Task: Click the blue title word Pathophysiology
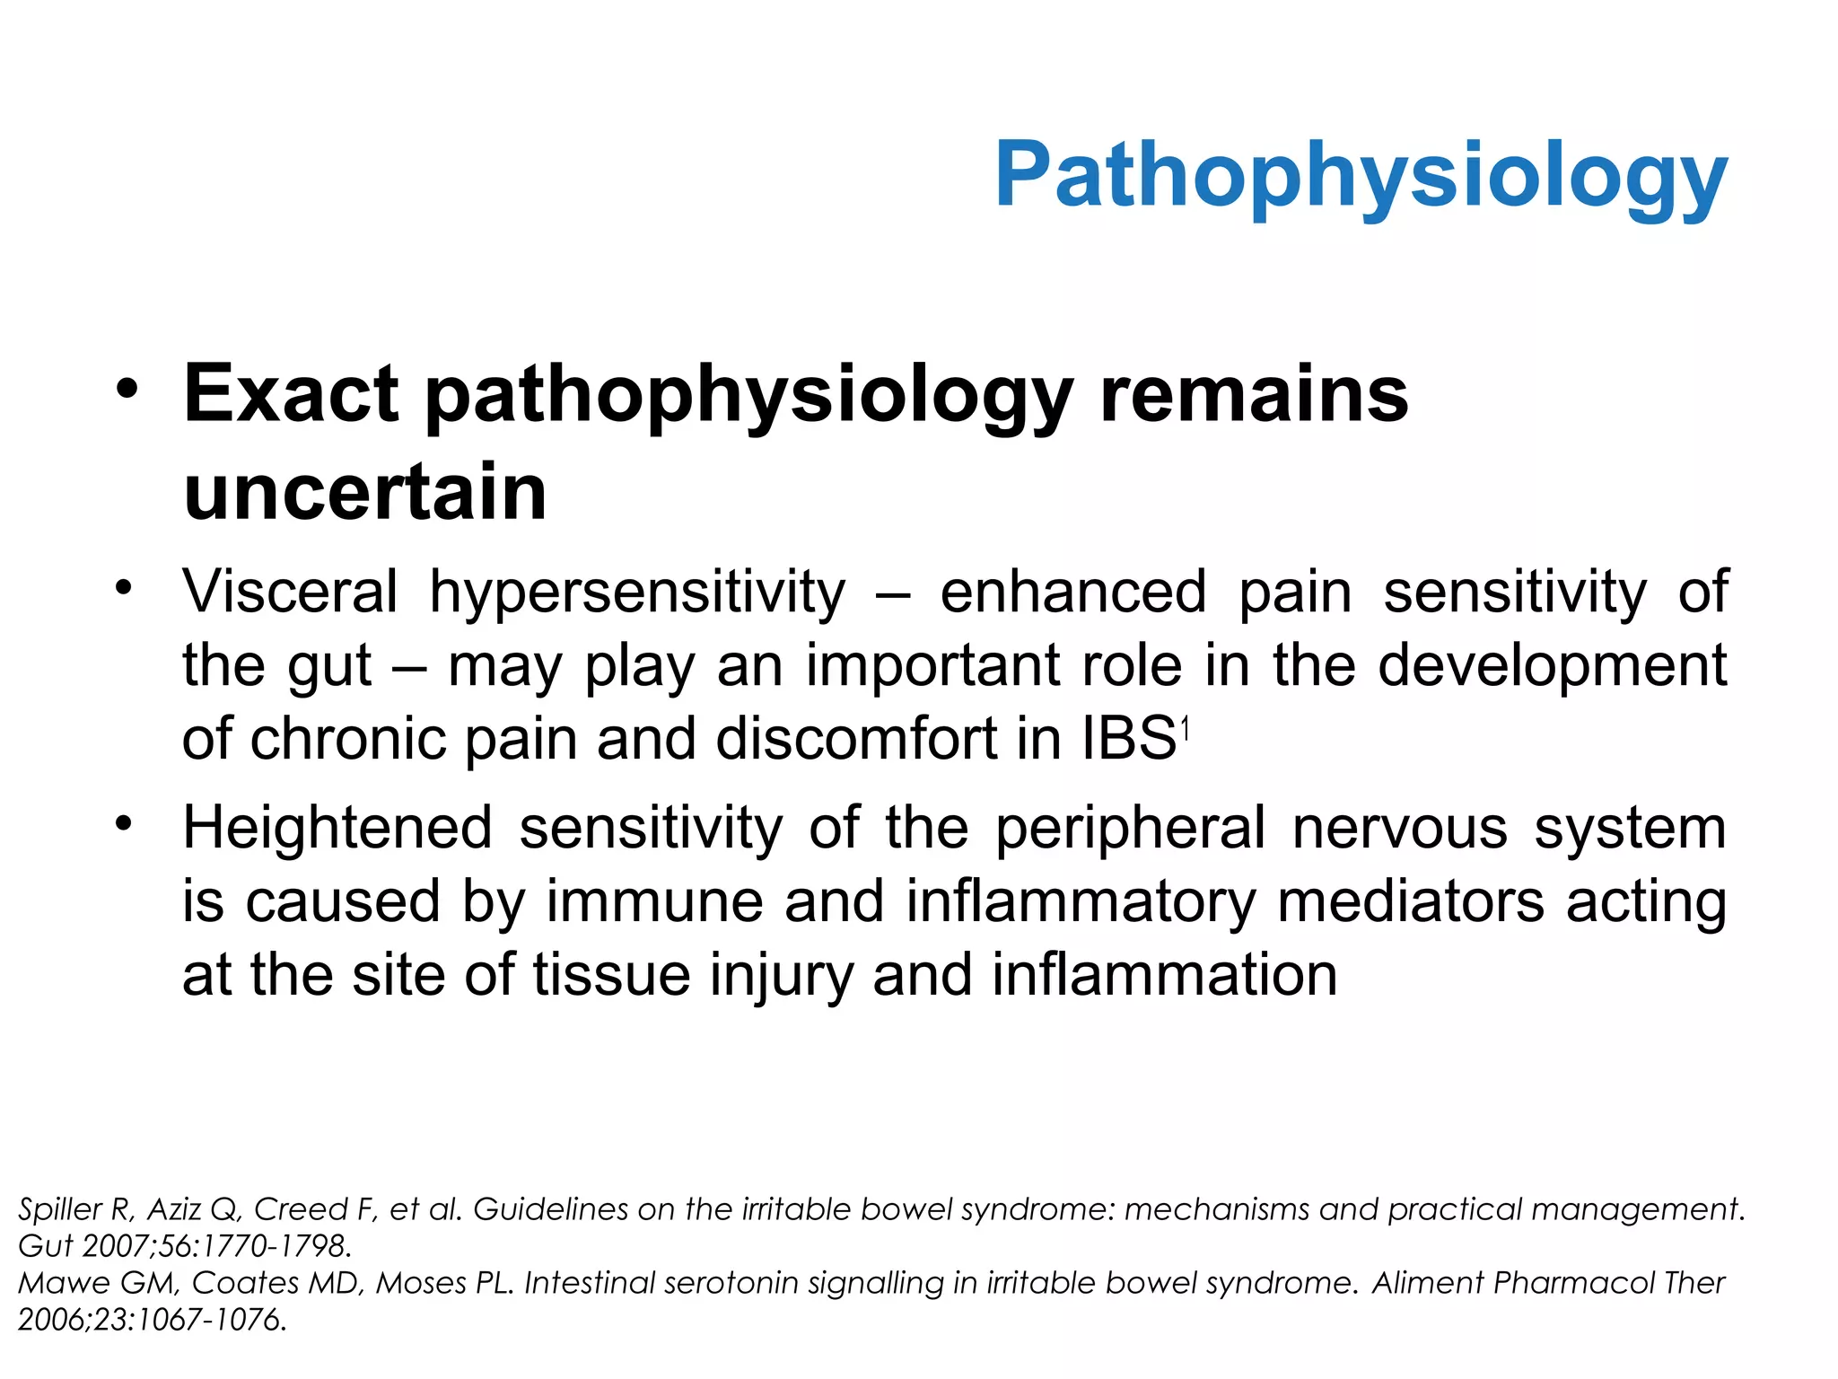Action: pyautogui.click(x=1361, y=177)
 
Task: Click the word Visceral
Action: pyautogui.click(x=290, y=593)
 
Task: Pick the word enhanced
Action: pyautogui.click(x=1072, y=593)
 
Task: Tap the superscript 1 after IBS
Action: pyautogui.click(x=1186, y=731)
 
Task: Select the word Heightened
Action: pyautogui.click(x=337, y=828)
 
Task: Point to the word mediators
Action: pyautogui.click(x=1410, y=901)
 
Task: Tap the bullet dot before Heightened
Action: pyautogui.click(x=124, y=822)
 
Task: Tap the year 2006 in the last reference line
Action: pyautogui.click(x=52, y=1320)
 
